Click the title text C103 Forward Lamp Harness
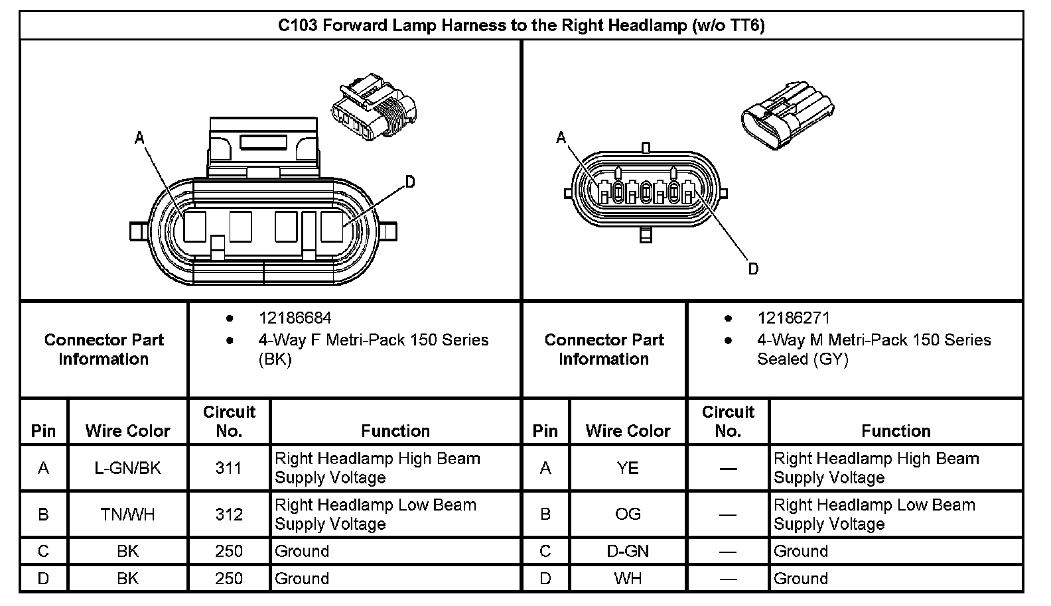(x=521, y=26)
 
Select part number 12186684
(x=295, y=318)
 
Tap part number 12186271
(x=794, y=318)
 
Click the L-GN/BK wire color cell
(x=127, y=468)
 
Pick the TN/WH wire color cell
(x=127, y=515)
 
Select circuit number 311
(x=228, y=468)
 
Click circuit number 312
(x=228, y=515)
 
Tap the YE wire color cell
(x=627, y=468)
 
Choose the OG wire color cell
(x=627, y=515)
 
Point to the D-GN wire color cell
(x=627, y=552)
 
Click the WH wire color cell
(x=627, y=579)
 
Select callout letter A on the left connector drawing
(x=139, y=138)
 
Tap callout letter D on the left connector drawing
(x=410, y=182)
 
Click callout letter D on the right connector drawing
(x=753, y=269)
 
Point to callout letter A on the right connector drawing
(x=561, y=138)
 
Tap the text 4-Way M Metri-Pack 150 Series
(x=873, y=340)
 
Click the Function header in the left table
(x=395, y=431)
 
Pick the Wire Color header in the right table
(x=628, y=431)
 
